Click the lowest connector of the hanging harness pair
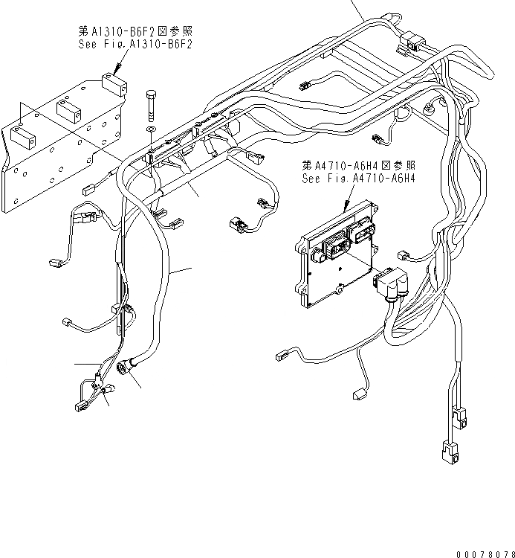[x=448, y=450]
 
